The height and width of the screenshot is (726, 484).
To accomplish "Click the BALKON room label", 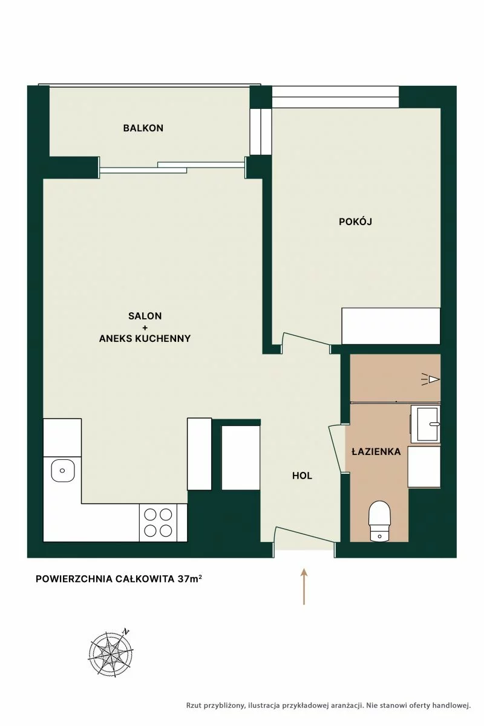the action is (x=143, y=128).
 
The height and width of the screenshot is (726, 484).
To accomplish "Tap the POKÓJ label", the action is (x=355, y=221).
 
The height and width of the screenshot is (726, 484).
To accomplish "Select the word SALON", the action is (x=145, y=316).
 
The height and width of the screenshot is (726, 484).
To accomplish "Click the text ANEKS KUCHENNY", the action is (x=145, y=338).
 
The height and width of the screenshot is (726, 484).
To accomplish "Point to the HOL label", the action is (x=302, y=476).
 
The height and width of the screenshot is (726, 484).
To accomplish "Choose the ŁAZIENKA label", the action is (x=376, y=451).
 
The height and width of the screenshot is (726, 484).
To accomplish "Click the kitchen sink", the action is (x=62, y=470).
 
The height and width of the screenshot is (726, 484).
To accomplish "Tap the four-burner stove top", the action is (x=158, y=523).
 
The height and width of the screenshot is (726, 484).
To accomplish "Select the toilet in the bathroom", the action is (x=379, y=522).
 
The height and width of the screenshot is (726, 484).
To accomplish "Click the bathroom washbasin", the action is (x=425, y=424).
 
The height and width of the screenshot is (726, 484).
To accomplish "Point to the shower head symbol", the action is (x=431, y=379).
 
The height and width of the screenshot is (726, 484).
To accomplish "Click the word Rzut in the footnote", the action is (x=194, y=705).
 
